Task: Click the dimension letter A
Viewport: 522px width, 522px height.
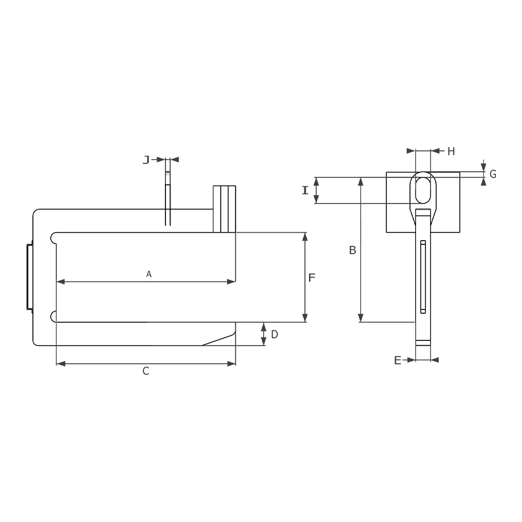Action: click(x=149, y=274)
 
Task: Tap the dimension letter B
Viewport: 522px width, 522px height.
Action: click(x=352, y=250)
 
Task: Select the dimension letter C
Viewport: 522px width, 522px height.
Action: click(x=146, y=371)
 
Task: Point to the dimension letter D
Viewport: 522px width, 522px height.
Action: click(x=275, y=334)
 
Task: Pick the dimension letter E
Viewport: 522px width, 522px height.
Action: click(x=397, y=360)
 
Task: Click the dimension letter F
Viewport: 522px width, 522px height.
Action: click(x=312, y=278)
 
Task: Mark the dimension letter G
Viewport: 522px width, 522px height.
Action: click(x=493, y=174)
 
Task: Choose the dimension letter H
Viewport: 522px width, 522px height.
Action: click(x=451, y=151)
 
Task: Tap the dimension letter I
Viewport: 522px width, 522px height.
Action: click(x=305, y=191)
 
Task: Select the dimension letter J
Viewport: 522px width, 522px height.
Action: click(x=146, y=160)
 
